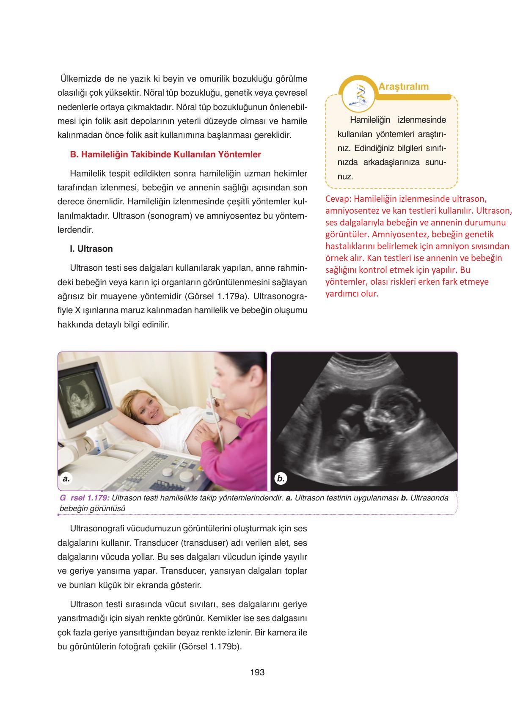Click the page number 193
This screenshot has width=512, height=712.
coord(257,672)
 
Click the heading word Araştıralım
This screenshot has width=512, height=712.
coord(403,87)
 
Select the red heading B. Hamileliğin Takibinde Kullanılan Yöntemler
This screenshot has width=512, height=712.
coord(165,154)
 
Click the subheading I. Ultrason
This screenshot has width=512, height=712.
coord(91,249)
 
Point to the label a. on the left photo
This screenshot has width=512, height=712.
coord(66,478)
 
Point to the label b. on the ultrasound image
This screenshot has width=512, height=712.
coord(280,478)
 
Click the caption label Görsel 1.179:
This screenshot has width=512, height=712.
coord(85,498)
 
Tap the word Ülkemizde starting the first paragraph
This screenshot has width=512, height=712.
coord(80,79)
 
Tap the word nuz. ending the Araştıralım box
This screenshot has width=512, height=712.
coord(345,177)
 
